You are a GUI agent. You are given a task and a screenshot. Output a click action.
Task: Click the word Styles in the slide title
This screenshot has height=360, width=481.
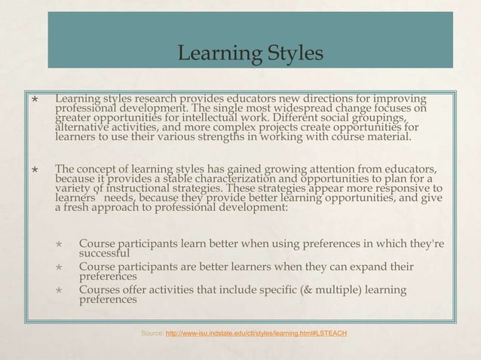293,54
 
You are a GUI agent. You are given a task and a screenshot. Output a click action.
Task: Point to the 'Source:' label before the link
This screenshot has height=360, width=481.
151,333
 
